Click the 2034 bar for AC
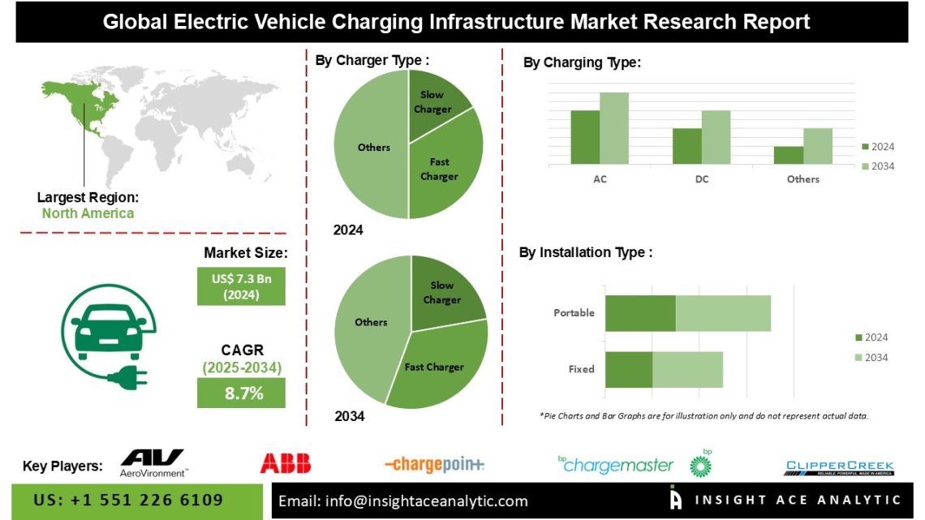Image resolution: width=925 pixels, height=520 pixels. [614, 128]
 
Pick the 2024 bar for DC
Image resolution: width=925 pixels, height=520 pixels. [686, 146]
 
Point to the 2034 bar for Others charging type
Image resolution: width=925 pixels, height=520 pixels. [818, 146]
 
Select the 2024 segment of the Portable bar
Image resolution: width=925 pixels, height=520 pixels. [640, 313]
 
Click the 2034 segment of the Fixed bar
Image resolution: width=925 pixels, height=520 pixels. [687, 369]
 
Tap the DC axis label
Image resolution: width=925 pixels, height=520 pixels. [701, 179]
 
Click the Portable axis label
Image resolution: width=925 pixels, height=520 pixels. [574, 313]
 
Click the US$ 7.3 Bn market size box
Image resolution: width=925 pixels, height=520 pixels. [241, 286]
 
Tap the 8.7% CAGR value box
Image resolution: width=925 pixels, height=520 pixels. [241, 394]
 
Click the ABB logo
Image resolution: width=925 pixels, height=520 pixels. [285, 463]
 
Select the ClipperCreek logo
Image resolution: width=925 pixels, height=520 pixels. [839, 466]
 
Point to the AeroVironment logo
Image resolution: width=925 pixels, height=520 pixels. [153, 463]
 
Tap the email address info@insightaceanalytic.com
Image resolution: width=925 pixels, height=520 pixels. [403, 501]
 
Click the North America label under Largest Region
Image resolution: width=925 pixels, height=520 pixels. [88, 213]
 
